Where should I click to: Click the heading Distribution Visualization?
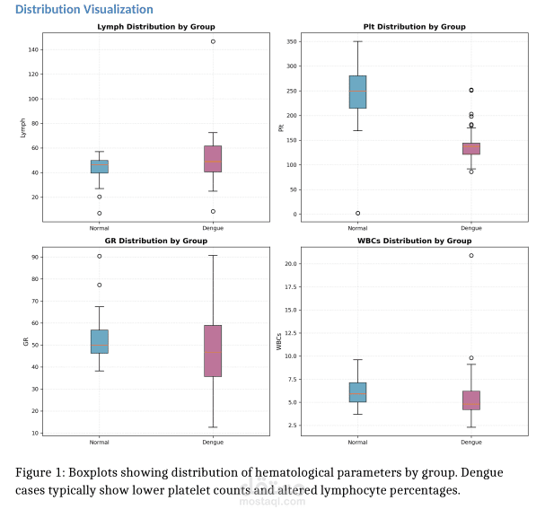(84, 10)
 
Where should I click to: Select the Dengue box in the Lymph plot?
(213, 158)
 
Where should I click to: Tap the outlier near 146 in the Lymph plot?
(213, 41)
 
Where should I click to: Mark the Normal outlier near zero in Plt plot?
(357, 214)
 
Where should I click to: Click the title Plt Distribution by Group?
(414, 27)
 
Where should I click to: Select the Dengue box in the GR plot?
(213, 350)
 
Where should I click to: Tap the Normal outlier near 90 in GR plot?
(100, 256)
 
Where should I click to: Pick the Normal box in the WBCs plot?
(357, 391)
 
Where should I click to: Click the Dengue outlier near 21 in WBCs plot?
(470, 256)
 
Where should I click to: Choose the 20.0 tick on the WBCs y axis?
(289, 264)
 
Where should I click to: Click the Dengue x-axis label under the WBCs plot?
(470, 443)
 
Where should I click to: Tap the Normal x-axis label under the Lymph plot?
(100, 228)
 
